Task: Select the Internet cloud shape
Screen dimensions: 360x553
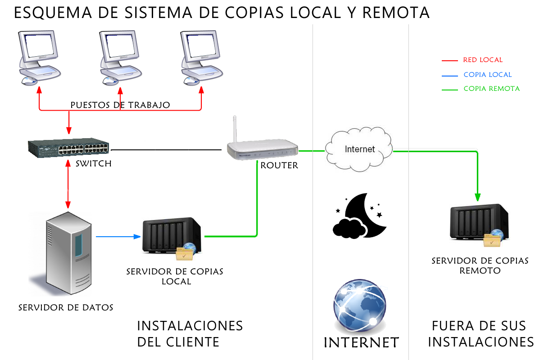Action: click(358, 150)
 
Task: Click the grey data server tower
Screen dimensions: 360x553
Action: click(63, 254)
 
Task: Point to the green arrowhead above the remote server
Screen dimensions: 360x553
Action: click(477, 197)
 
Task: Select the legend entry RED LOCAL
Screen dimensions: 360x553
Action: click(482, 60)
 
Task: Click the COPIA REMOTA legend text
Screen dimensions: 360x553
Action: click(491, 89)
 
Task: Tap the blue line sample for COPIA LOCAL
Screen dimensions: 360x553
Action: click(450, 75)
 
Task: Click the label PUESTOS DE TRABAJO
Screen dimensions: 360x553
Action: click(120, 105)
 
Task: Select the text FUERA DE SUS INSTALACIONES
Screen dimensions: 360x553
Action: click(480, 333)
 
